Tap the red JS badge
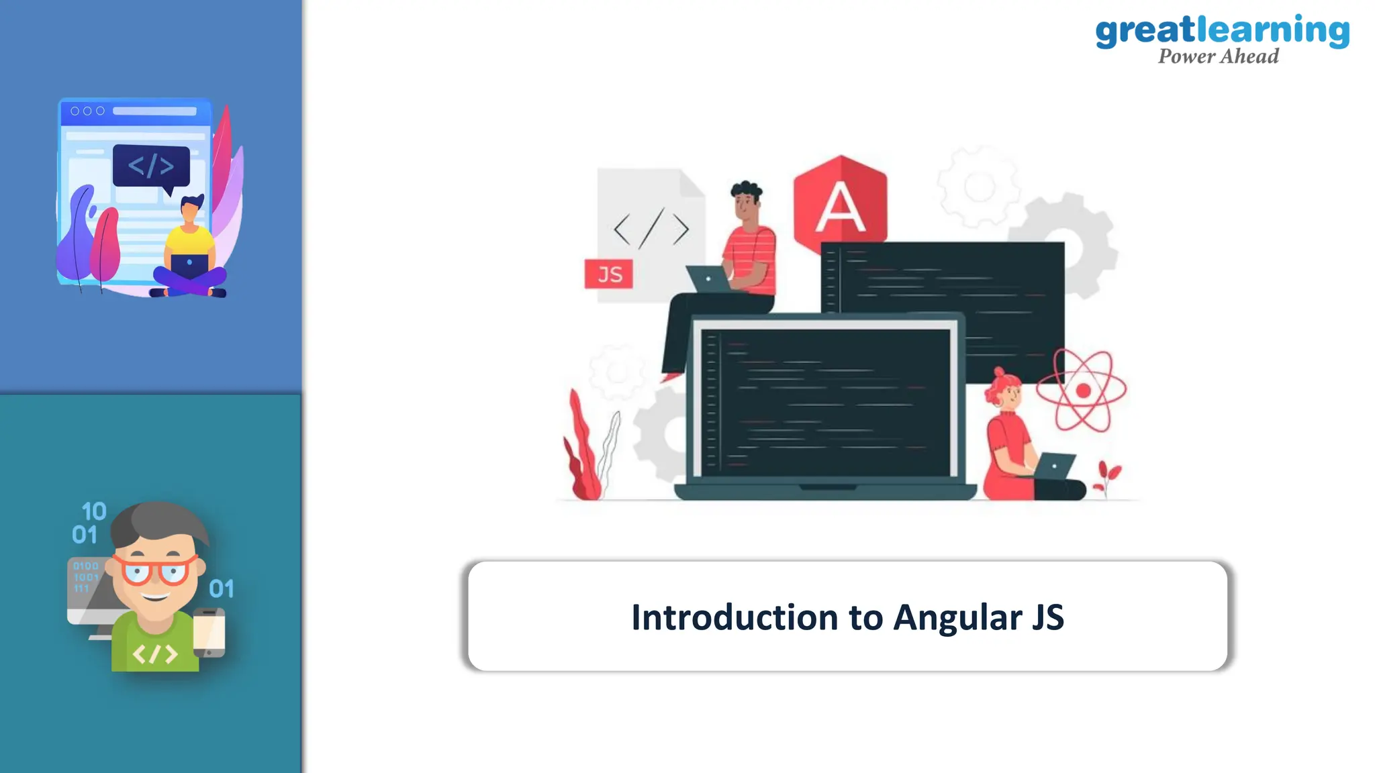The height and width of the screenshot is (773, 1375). coord(608,274)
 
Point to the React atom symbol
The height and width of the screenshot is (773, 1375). coord(1081,391)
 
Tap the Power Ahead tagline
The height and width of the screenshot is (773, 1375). coord(1218,56)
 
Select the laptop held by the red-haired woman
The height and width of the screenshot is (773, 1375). coord(1054,466)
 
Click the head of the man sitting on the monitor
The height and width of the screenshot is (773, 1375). coord(745,201)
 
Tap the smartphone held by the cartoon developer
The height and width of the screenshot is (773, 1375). coord(209,632)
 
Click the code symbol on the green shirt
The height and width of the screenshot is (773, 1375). coord(155,653)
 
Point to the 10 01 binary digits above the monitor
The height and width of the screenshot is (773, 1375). coord(89,523)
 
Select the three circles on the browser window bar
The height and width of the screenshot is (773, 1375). coord(87,111)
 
